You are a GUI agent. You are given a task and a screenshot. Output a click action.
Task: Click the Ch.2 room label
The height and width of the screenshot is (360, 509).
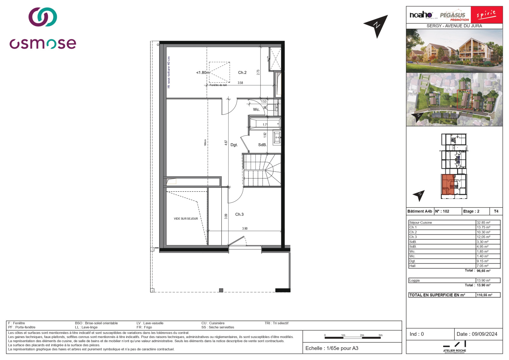(x=242, y=73)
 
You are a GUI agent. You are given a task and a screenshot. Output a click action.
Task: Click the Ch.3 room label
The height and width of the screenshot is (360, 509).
(x=239, y=215)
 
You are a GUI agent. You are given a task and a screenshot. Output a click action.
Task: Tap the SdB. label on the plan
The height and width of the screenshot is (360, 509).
(x=262, y=145)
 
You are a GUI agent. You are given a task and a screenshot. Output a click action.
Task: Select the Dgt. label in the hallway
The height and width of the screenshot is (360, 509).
(x=234, y=145)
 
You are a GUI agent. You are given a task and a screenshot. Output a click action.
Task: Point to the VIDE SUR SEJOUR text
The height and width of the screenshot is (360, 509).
(x=186, y=219)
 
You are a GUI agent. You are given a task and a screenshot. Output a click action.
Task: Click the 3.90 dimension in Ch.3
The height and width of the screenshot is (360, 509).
(x=245, y=229)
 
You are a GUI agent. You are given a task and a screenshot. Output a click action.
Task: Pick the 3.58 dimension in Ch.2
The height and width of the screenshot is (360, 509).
(x=240, y=83)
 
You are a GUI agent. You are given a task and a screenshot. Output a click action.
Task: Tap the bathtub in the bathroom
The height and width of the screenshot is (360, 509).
(x=265, y=124)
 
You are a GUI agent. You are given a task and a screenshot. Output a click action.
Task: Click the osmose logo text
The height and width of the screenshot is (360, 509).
(x=43, y=44)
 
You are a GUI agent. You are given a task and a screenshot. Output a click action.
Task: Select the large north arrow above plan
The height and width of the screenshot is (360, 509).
(x=377, y=25)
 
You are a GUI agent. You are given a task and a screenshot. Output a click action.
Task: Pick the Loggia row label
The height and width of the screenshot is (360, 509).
(x=415, y=280)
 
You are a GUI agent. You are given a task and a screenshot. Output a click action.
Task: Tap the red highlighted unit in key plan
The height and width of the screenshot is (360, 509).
(x=448, y=184)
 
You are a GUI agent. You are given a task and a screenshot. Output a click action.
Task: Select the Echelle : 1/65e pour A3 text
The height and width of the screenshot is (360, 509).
(x=331, y=348)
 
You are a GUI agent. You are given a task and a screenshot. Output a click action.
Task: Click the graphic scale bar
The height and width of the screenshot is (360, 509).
(x=352, y=337)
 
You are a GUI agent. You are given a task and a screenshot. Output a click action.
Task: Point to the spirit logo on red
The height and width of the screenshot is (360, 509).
(x=486, y=15)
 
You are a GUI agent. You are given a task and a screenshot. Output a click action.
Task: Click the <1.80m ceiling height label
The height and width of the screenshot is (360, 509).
(x=203, y=73)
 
